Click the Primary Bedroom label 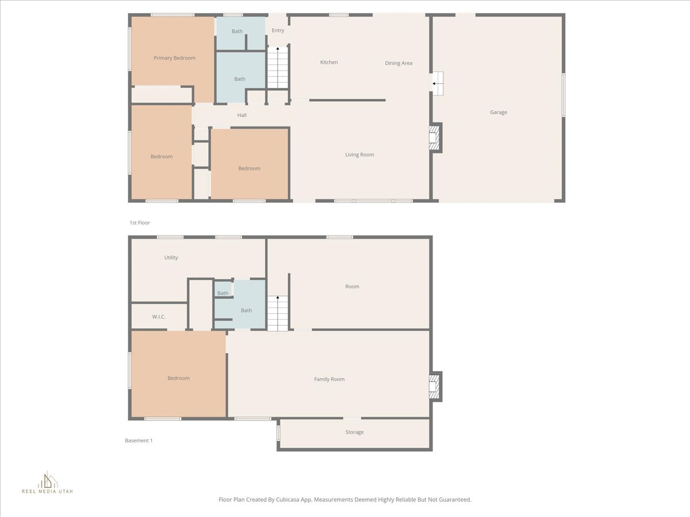174,58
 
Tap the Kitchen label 329,62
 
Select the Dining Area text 398,63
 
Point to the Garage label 499,113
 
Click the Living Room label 359,155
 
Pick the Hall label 242,115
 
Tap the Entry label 278,31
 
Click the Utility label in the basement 171,257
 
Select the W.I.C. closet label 159,317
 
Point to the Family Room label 329,379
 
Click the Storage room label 354,433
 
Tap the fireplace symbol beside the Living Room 435,138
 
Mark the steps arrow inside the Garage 438,84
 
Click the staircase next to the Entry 278,68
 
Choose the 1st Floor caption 140,223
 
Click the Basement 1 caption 139,441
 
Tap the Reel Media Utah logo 47,483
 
